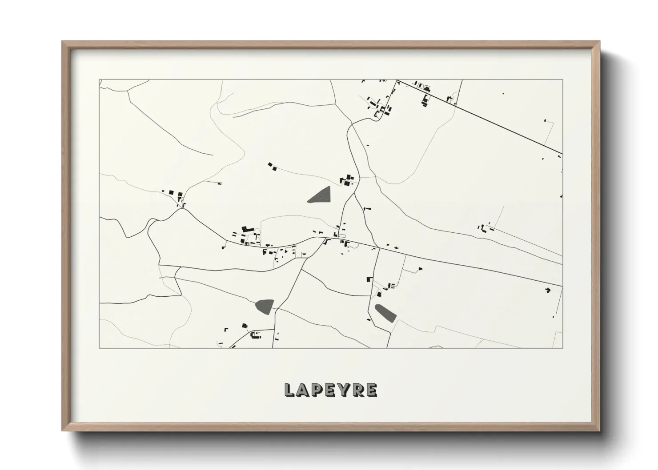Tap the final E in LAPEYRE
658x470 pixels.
(x=370, y=390)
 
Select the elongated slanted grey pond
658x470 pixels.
(x=385, y=312)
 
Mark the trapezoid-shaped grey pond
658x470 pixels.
(x=265, y=306)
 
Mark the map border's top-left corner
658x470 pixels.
(x=100, y=80)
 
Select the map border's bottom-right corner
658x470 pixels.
(x=562, y=348)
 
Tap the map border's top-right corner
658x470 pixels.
(x=562, y=80)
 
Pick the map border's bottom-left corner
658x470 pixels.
(x=100, y=348)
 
